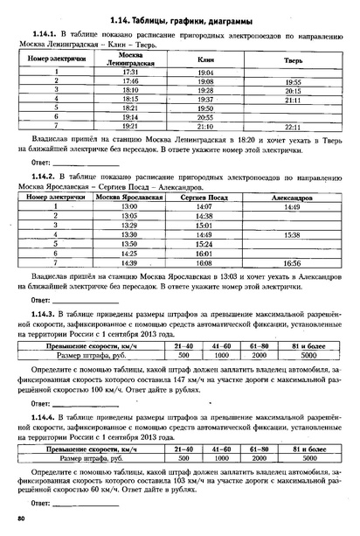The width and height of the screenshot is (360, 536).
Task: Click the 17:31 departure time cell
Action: pos(129,71)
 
